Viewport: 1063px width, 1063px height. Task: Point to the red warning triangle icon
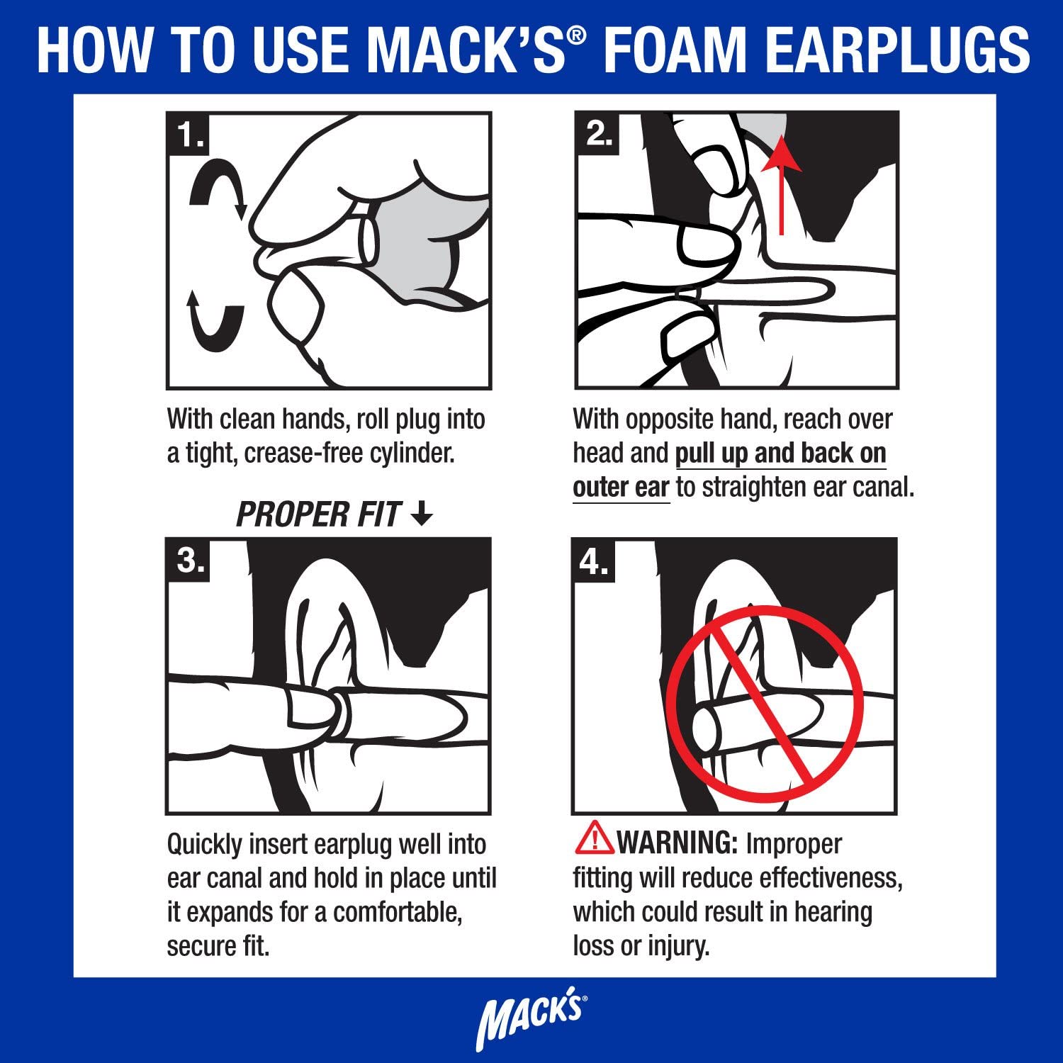click(594, 838)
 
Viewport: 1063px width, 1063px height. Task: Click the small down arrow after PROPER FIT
click(422, 513)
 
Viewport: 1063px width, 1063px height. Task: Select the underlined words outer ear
click(621, 488)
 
